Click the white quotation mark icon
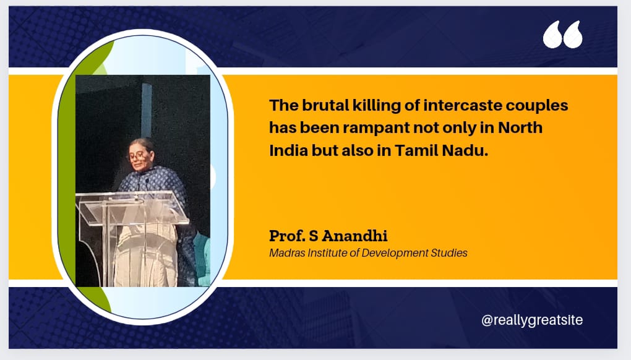click(562, 35)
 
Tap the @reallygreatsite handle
click(532, 320)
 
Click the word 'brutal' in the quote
click(325, 105)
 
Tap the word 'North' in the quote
click(520, 127)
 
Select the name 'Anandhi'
click(354, 236)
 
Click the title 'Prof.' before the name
click(287, 236)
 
